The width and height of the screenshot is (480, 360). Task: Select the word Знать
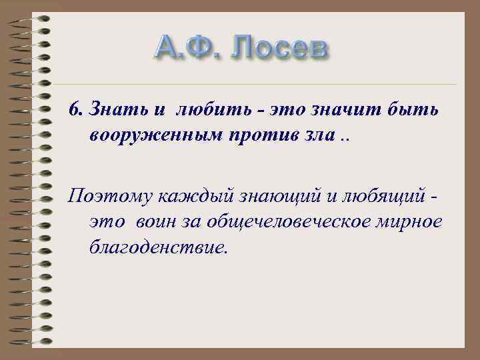pos(109,109)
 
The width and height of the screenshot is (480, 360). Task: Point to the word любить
pos(201,109)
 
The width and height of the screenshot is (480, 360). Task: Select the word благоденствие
pos(157,248)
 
